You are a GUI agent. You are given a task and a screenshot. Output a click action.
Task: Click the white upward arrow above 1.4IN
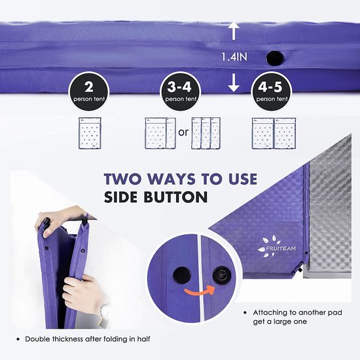234,31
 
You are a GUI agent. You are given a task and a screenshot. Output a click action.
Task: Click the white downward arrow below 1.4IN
234,82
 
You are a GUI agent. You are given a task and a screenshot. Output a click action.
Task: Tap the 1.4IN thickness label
234,57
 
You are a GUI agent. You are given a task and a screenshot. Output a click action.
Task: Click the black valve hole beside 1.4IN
276,58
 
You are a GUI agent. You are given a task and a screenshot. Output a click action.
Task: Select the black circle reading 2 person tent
89,91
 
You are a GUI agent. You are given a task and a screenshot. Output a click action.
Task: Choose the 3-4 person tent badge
181,91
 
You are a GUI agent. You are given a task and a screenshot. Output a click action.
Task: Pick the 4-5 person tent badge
272,91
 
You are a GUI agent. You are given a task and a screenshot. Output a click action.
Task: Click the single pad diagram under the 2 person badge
90,133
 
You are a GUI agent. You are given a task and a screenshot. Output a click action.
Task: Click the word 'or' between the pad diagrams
183,132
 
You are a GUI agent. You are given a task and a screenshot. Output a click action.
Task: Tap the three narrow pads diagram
206,133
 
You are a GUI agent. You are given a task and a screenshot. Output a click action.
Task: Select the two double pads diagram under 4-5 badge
274,134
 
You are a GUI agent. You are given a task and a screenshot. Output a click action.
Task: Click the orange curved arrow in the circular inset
199,291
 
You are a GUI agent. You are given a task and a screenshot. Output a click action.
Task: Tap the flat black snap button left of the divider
182,275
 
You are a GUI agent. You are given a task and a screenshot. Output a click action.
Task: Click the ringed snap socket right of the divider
221,274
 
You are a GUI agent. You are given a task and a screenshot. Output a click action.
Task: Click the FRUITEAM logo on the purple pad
277,246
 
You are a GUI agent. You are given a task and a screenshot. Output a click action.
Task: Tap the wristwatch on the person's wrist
105,312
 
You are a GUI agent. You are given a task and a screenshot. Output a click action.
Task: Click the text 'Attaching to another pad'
298,312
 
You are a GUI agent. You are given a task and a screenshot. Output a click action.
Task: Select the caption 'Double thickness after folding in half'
88,339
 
